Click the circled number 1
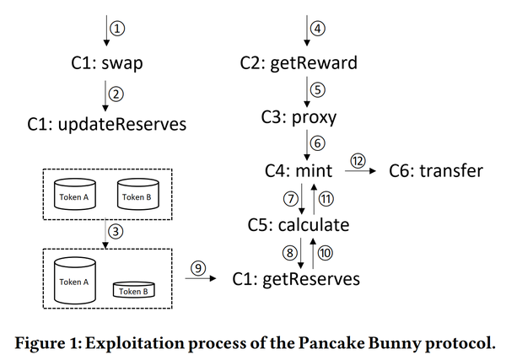pos(117,29)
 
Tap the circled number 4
pos(318,29)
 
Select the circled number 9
pos(198,268)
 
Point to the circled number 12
pos(358,161)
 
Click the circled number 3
pos(116,231)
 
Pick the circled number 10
pos(326,253)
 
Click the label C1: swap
pos(107,63)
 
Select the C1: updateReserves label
pos(107,124)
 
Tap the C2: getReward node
pos(299,63)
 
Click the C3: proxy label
pos(299,117)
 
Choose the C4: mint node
pos(299,171)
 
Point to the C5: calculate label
pos(299,225)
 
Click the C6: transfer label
pos(436,171)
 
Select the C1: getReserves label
pos(296,279)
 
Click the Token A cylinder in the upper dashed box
pos(75,194)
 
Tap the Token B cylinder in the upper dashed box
pos(138,194)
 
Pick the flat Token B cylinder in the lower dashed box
pos(134,290)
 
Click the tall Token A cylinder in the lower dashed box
pos(75,281)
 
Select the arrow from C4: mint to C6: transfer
pos(360,170)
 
